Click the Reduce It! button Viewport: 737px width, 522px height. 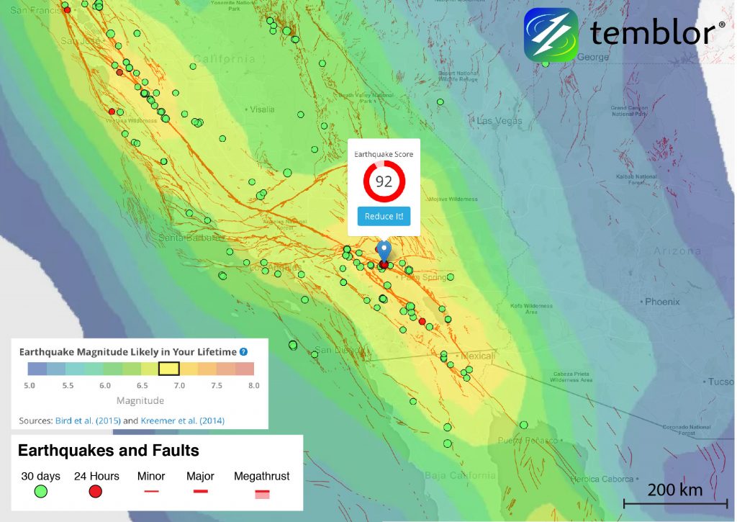pyautogui.click(x=384, y=216)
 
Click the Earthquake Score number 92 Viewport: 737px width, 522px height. pyautogui.click(x=384, y=181)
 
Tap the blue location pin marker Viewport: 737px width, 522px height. pyautogui.click(x=384, y=251)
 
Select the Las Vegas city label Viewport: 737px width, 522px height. pyautogui.click(x=499, y=120)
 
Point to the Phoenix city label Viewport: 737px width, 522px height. pyautogui.click(x=662, y=302)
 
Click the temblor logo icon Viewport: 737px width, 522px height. pyautogui.click(x=551, y=34)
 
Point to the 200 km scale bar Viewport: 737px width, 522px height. pyautogui.click(x=672, y=502)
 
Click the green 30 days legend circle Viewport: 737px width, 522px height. pyautogui.click(x=41, y=492)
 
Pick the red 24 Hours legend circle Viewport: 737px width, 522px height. pyautogui.click(x=95, y=492)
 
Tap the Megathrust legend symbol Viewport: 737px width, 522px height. pyautogui.click(x=261, y=493)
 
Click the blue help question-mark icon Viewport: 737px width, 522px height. pyautogui.click(x=243, y=352)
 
